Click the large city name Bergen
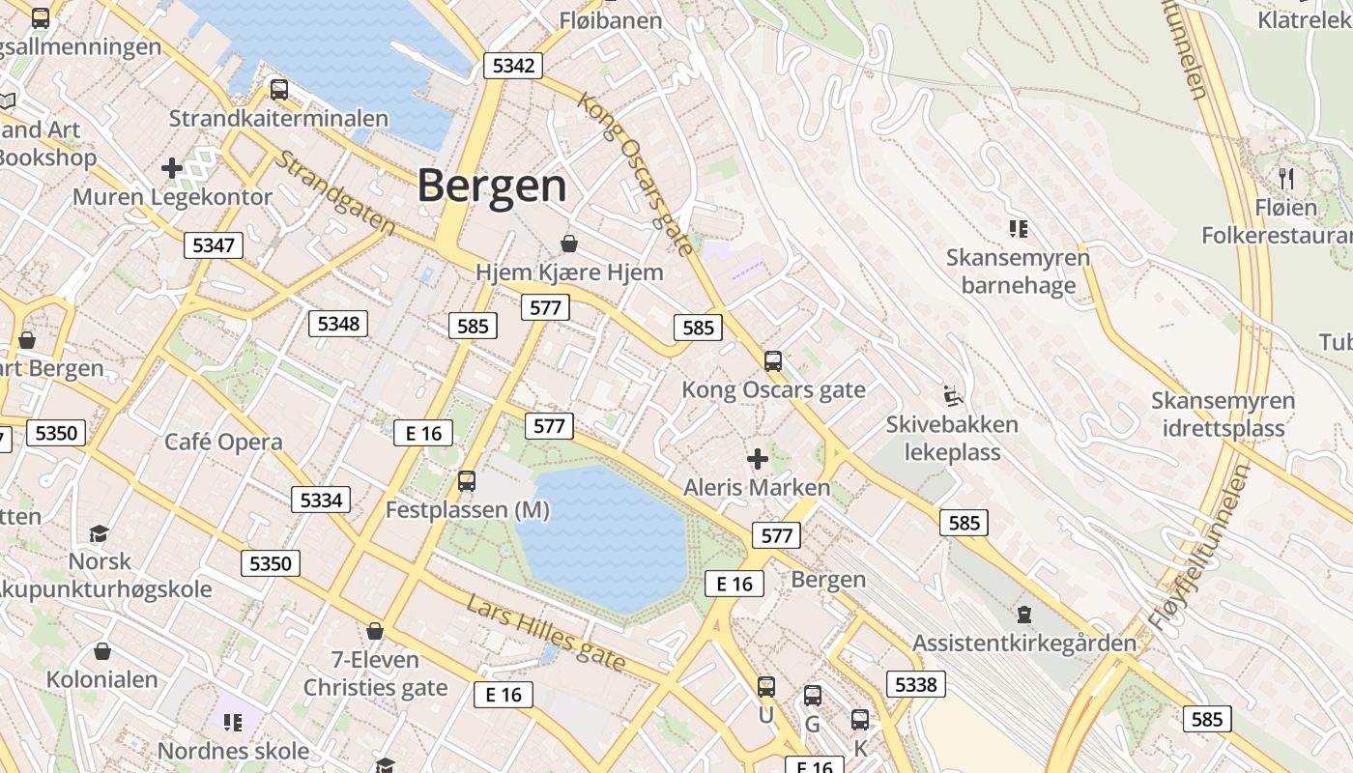491,186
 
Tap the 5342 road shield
512,66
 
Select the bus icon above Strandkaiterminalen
279,90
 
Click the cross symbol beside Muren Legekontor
172,168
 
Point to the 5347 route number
214,245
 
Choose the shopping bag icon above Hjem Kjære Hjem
569,243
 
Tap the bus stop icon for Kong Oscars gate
773,361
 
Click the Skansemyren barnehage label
1018,272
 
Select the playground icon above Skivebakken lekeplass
953,395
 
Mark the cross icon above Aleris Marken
758,459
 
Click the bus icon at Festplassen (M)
467,480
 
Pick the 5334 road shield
321,500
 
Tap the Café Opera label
223,443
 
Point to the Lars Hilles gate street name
546,634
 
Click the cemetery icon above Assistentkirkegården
1023,614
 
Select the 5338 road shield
915,685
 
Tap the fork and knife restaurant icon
1286,178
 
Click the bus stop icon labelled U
766,687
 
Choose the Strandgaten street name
334,192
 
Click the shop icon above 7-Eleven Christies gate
375,631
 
